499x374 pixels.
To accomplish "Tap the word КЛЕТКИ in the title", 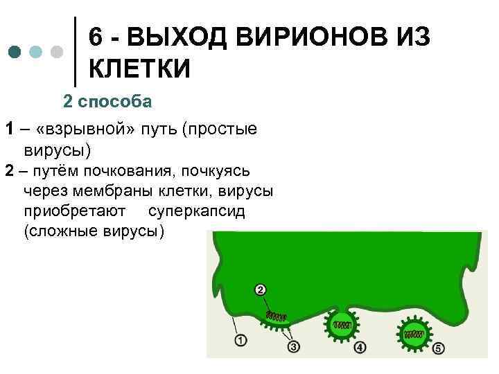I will point(139,69).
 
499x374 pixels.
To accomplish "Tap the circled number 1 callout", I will point(240,340).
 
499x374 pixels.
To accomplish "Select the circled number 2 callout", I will point(261,290).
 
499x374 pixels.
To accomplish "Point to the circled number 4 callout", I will point(360,347).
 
